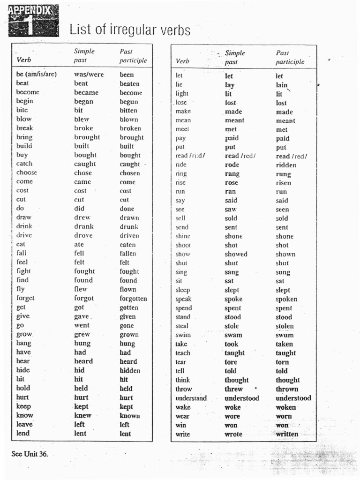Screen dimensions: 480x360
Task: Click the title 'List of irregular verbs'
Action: [x=130, y=30]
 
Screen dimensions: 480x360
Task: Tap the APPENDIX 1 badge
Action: [x=33, y=21]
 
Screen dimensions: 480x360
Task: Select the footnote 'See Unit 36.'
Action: [x=30, y=454]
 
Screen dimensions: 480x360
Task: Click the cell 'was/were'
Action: [x=89, y=75]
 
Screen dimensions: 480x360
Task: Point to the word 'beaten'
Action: [x=129, y=83]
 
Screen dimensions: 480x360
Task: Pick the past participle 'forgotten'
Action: [x=133, y=298]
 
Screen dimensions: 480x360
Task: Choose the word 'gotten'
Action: [x=129, y=307]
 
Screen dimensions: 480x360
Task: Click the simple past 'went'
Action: [x=82, y=325]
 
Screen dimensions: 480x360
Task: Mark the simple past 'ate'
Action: [x=79, y=244]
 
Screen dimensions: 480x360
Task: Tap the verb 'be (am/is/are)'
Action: [x=37, y=75]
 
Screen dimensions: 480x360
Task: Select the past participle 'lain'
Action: [x=282, y=85]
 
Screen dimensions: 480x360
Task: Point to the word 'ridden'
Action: [x=286, y=165]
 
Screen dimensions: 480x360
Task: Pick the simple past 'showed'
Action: [x=236, y=254]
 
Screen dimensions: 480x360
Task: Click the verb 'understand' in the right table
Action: [x=191, y=398]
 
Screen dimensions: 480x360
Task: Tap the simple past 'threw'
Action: [x=233, y=389]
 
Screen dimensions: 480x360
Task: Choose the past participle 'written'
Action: [x=287, y=434]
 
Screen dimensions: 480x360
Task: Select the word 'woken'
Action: [x=285, y=407]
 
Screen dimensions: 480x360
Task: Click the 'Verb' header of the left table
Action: [x=24, y=60]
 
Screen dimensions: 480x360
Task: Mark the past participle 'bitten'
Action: [x=128, y=111]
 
